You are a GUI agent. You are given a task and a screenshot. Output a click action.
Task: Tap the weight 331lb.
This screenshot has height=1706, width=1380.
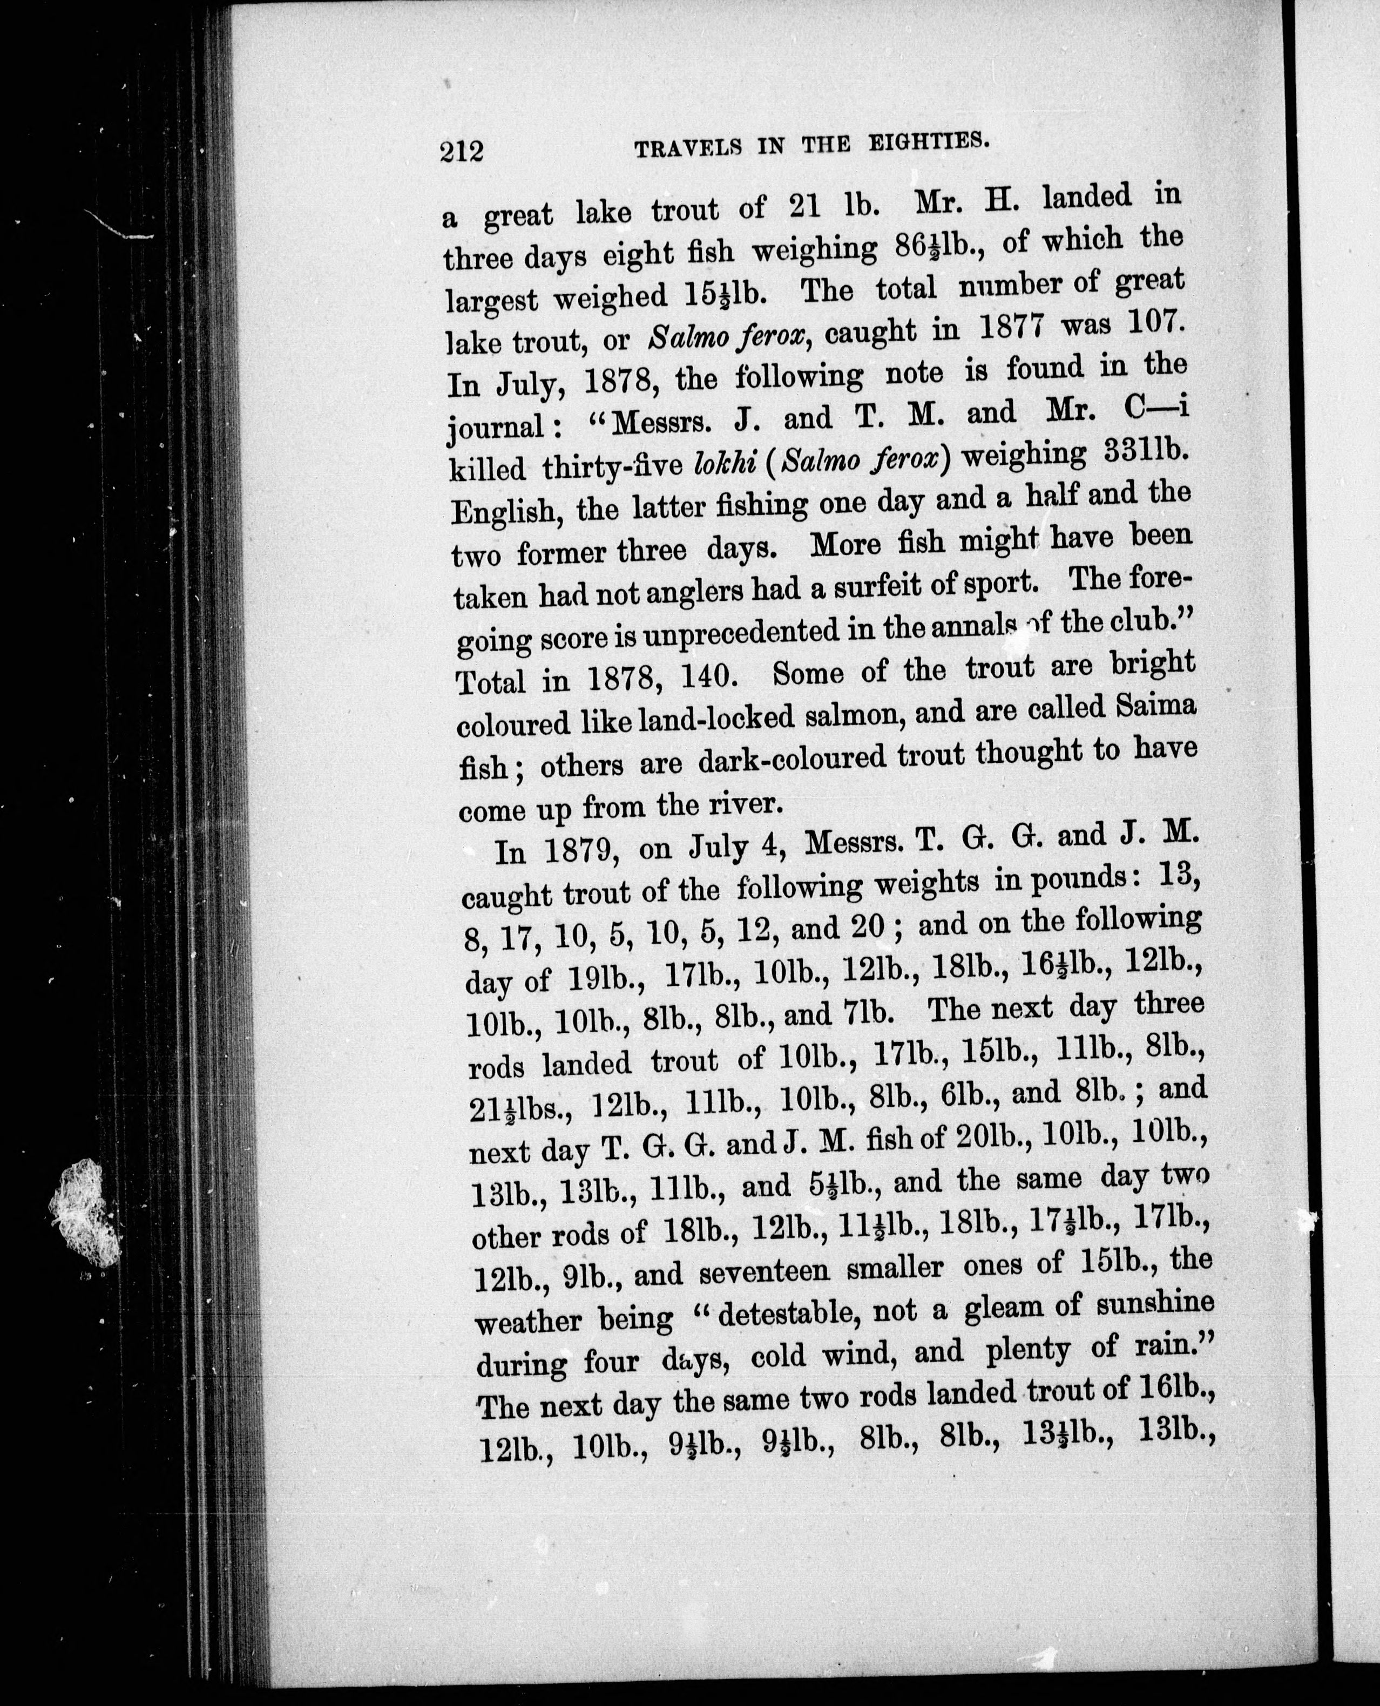[x=1136, y=452]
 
